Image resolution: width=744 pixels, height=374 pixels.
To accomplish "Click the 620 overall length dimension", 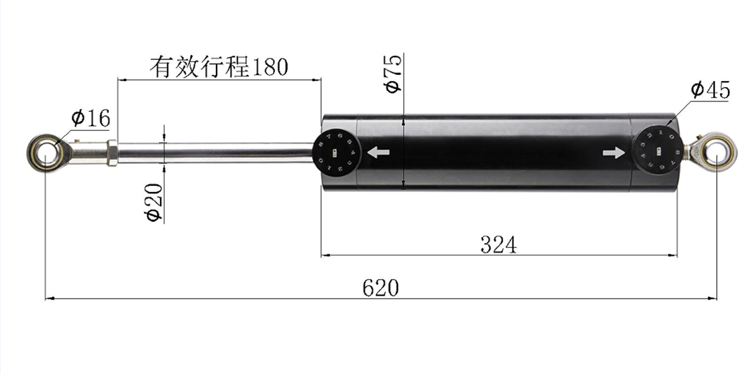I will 381,288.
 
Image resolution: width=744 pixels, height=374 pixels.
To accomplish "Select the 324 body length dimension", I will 498,244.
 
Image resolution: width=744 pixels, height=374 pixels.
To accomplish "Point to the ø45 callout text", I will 710,90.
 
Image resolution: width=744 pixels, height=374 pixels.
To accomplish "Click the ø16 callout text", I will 90,118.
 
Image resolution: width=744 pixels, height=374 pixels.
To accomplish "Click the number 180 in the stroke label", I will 269,67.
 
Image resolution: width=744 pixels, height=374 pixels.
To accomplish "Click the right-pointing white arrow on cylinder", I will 614,153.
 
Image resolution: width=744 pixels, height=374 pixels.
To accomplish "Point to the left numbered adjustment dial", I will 337,152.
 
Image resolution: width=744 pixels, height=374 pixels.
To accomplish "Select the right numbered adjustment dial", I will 657,151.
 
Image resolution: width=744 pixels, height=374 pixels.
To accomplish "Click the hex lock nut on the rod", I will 112,153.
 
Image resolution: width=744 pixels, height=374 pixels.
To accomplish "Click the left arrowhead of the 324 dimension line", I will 325,254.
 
